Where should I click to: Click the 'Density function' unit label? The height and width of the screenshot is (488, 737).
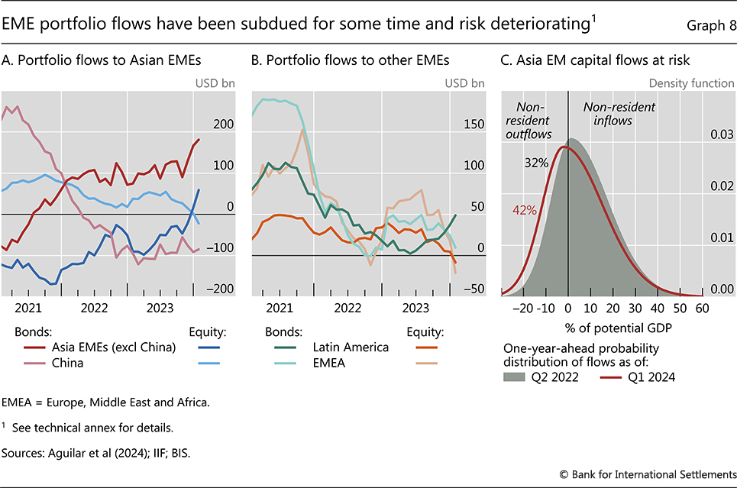pyautogui.click(x=691, y=83)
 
